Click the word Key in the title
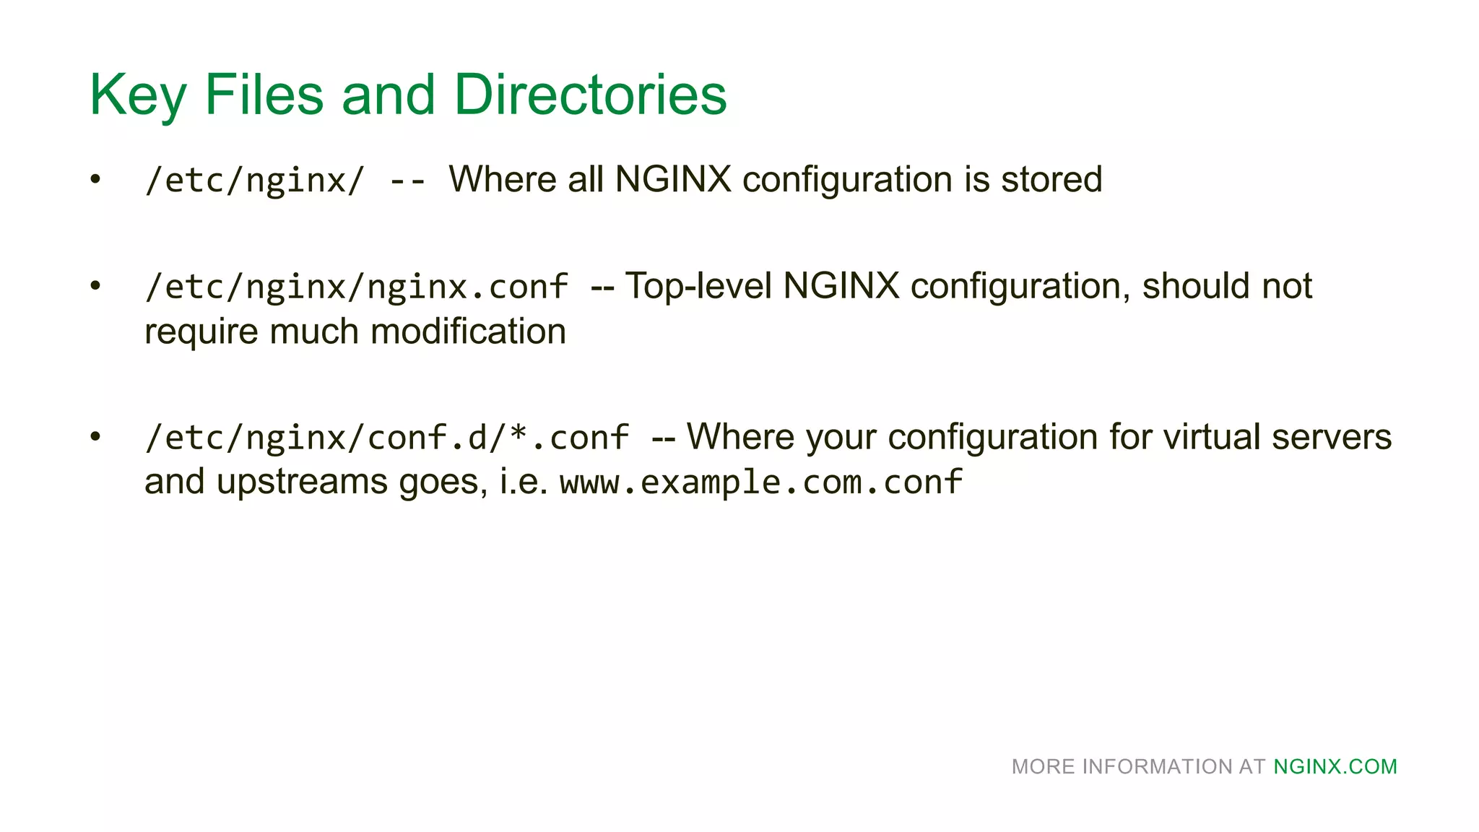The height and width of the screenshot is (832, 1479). [138, 95]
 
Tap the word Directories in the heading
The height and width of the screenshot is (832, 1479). [590, 95]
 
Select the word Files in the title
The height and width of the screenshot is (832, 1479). [264, 95]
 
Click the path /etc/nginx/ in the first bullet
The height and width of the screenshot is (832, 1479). [255, 180]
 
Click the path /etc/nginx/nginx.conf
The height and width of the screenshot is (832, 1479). [356, 287]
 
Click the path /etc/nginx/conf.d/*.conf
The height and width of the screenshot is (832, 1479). [386, 438]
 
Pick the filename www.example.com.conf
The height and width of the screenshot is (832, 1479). [761, 482]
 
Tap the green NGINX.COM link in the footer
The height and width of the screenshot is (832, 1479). [1335, 766]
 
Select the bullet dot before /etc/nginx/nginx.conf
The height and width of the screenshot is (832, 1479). [95, 286]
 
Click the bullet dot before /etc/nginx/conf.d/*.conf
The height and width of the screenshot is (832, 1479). [95, 437]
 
